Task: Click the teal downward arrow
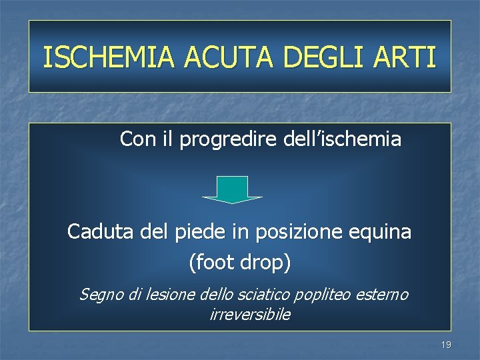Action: click(x=233, y=189)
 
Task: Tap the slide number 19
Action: click(x=446, y=345)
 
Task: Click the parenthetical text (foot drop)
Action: click(x=240, y=263)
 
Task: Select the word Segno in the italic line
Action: click(x=99, y=294)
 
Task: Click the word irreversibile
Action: click(x=249, y=314)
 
